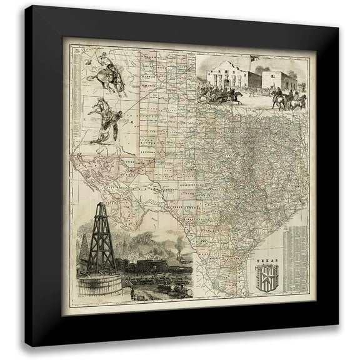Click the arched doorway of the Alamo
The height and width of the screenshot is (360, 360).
coord(231,84)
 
